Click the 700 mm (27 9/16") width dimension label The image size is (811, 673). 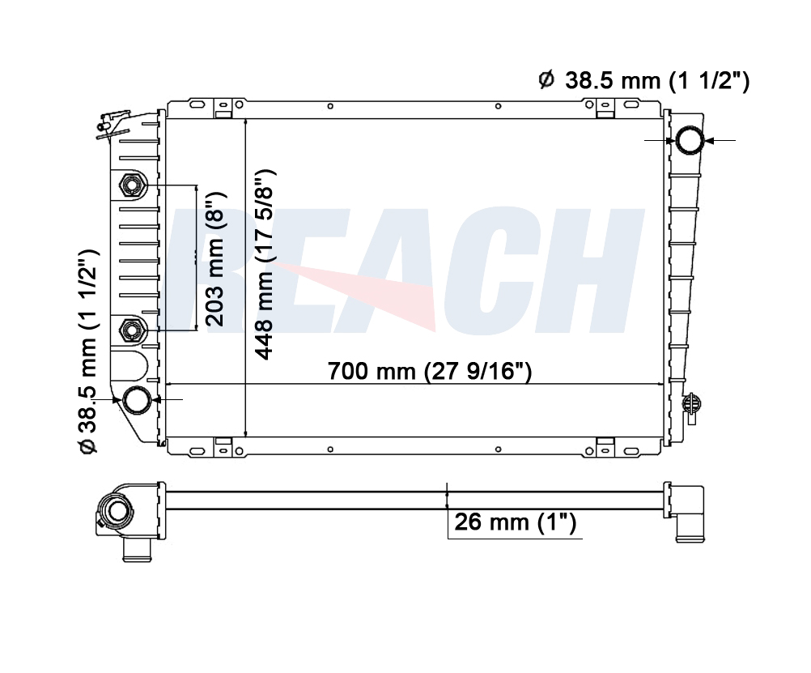pos(430,371)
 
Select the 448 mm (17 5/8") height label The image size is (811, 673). pos(265,265)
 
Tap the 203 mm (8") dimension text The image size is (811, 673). pos(214,259)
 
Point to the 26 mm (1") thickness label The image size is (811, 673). pos(515,522)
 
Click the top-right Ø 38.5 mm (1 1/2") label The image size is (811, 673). pos(644,81)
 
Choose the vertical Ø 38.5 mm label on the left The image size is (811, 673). pos(87,352)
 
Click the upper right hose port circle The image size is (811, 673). pos(690,140)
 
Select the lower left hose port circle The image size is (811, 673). pos(137,400)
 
